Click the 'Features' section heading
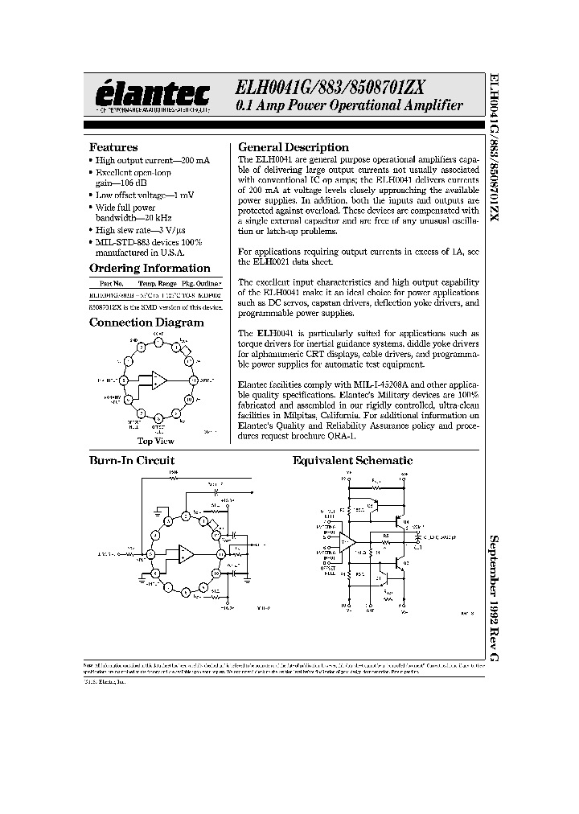click(113, 147)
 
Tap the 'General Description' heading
click(294, 147)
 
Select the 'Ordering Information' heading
click(149, 268)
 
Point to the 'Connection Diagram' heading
click(146, 323)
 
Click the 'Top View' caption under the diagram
click(155, 441)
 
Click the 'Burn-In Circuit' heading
click(131, 461)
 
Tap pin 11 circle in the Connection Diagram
click(193, 380)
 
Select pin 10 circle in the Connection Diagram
click(188, 399)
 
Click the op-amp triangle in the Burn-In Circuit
click(187, 554)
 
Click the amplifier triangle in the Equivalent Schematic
click(347, 543)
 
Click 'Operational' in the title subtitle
click(373, 106)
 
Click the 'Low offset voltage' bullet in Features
click(145, 195)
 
